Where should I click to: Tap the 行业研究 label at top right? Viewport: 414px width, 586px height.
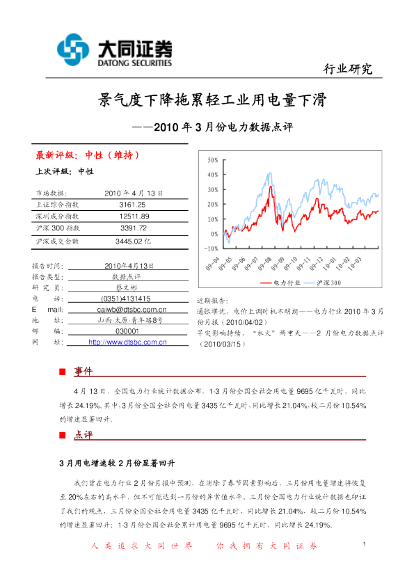point(348,69)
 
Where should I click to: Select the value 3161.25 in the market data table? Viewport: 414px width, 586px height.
point(132,205)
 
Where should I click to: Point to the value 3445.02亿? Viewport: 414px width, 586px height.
point(133,241)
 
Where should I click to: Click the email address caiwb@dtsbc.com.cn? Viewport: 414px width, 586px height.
point(135,308)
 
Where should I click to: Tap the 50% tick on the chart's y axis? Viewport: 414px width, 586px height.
point(212,161)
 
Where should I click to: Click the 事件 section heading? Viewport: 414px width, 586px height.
point(83,371)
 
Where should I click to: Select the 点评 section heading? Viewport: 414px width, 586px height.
point(83,435)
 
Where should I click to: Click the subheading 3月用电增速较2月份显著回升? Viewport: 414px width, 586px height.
point(116,462)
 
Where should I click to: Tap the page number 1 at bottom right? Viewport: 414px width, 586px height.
point(365,544)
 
